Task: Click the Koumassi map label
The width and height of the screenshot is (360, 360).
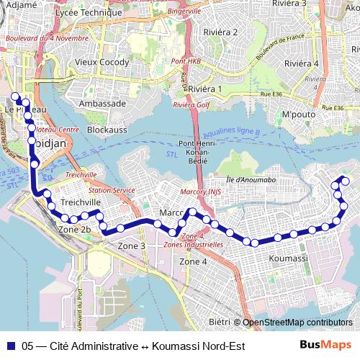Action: tap(288, 258)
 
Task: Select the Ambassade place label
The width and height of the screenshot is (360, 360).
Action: tap(102, 103)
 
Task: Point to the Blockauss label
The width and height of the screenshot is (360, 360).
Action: tap(107, 130)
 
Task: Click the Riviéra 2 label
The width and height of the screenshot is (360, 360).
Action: tap(221, 32)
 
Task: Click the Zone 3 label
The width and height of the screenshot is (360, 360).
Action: tap(132, 246)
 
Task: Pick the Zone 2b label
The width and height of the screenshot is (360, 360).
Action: tap(74, 230)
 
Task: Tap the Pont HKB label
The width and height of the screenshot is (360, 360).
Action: tap(186, 60)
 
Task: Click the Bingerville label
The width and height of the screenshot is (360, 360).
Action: tap(184, 12)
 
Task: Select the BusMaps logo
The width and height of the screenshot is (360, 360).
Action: tap(326, 346)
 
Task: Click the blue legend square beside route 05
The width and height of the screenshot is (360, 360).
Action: tap(11, 346)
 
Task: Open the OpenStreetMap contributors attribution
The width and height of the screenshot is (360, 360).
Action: tap(297, 323)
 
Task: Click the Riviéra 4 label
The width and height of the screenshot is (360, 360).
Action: tap(301, 63)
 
